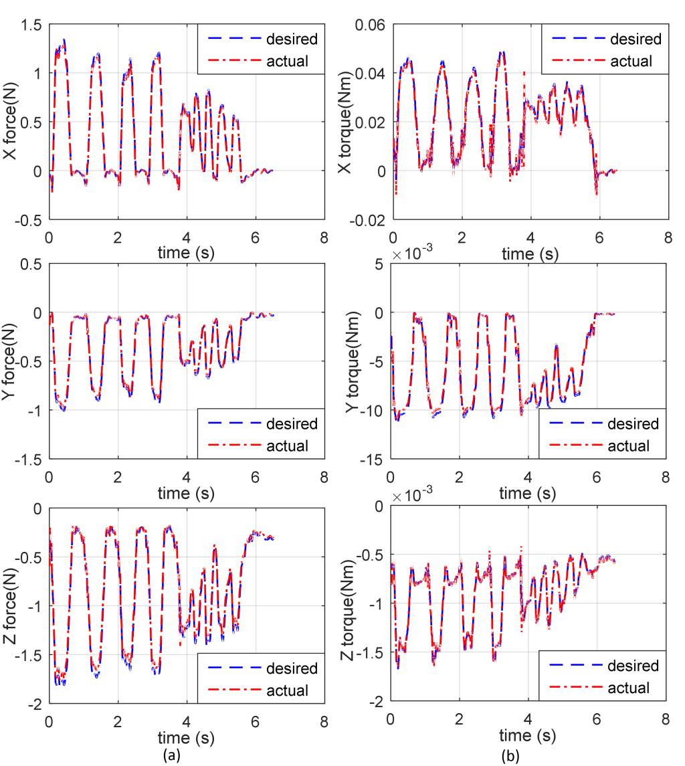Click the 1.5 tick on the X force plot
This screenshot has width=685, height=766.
(x=29, y=25)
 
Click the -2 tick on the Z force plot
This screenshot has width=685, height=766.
(x=35, y=703)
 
